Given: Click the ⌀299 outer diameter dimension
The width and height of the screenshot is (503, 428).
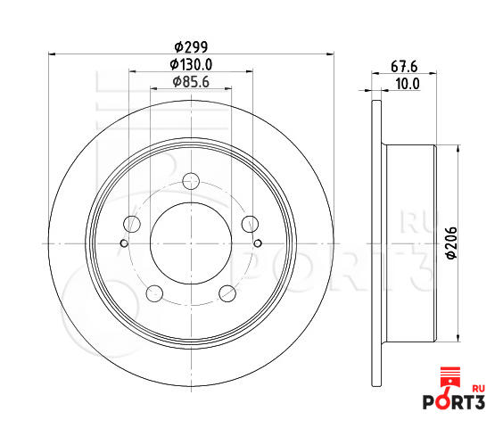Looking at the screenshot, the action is pyautogui.click(x=191, y=47).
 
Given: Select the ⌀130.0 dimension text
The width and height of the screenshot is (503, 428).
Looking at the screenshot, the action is pyautogui.click(x=191, y=64).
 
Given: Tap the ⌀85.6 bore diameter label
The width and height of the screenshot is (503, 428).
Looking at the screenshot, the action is pyautogui.click(x=191, y=82).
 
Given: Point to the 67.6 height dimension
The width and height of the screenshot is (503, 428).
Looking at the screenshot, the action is pyautogui.click(x=404, y=67).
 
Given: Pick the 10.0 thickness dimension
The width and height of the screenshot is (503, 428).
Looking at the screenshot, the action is pyautogui.click(x=408, y=84).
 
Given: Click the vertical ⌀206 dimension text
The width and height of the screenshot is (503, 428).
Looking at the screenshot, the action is pyautogui.click(x=451, y=243).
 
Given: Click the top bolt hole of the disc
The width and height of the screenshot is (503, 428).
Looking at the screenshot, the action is pyautogui.click(x=191, y=181).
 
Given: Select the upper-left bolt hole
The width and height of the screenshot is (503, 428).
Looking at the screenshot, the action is pyautogui.click(x=132, y=224).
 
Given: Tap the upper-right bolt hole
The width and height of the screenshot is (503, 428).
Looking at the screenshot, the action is pyautogui.click(x=250, y=224).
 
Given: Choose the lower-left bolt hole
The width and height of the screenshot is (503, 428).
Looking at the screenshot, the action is pyautogui.click(x=154, y=293).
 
